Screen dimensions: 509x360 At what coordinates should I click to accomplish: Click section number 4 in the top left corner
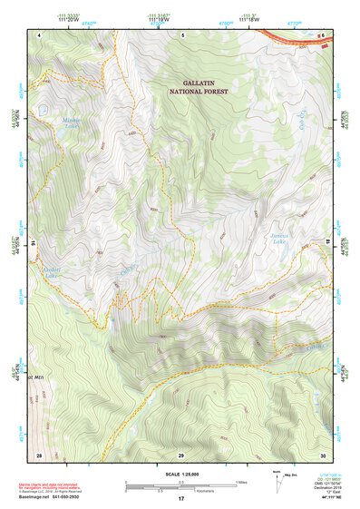(40, 34)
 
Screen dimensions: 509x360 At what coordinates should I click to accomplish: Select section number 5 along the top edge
(182, 34)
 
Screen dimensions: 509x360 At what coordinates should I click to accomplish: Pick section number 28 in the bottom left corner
(39, 454)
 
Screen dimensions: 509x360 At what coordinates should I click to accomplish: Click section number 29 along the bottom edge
(181, 454)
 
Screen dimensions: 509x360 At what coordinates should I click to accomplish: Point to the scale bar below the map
(180, 485)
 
